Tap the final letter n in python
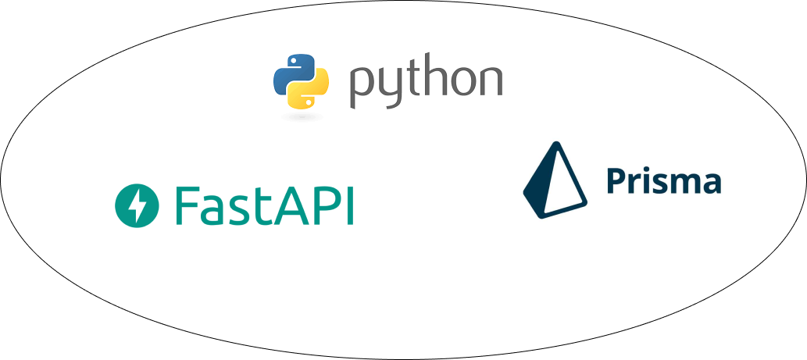[x=489, y=81]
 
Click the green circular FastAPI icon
[x=137, y=205]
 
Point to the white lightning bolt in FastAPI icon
[x=138, y=205]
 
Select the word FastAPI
[x=264, y=205]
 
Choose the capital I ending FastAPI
[x=349, y=205]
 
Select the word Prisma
[x=663, y=181]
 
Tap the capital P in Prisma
[x=617, y=181]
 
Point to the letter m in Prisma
[x=687, y=184]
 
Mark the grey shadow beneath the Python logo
[x=302, y=117]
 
